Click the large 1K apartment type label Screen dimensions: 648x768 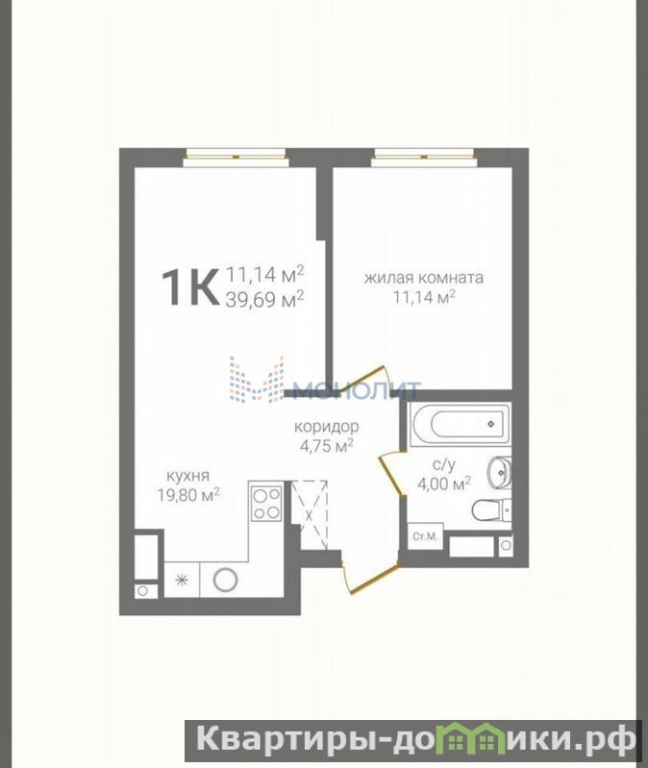click(x=189, y=289)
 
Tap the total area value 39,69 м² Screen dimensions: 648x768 click(x=264, y=298)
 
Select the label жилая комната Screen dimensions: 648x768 click(x=424, y=278)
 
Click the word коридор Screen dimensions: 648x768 click(x=327, y=427)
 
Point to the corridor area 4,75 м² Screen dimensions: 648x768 click(x=327, y=446)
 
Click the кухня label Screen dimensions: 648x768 click(x=188, y=476)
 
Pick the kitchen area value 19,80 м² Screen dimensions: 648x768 click(x=188, y=495)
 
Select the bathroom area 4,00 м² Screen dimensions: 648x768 click(x=444, y=483)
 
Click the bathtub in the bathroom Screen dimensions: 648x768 click(x=461, y=424)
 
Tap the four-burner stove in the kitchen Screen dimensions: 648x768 click(x=266, y=503)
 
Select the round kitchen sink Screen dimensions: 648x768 click(x=226, y=580)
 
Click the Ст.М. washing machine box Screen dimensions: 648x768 click(x=425, y=536)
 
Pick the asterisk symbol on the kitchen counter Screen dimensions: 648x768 click(x=182, y=581)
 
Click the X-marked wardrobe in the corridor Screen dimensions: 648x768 click(x=309, y=515)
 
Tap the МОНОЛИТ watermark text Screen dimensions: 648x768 click(x=356, y=390)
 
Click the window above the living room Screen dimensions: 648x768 click(x=424, y=158)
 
